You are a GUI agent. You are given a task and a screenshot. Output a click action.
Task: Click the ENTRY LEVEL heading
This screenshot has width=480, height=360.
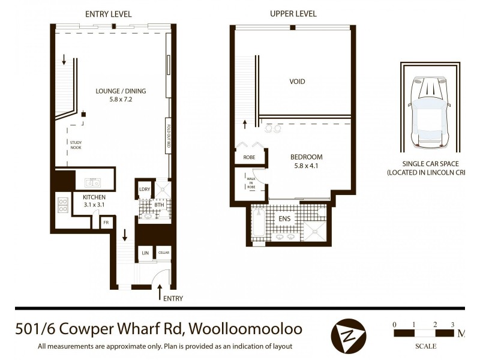(x=109, y=14)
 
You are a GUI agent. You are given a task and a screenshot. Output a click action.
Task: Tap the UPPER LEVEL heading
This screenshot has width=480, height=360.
(x=293, y=14)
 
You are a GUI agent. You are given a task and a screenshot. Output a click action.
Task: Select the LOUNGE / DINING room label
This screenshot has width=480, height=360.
(x=121, y=91)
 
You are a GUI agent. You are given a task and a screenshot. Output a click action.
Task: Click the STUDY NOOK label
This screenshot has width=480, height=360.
(x=75, y=145)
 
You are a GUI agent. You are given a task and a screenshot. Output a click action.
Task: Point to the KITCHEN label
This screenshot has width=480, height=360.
(x=94, y=197)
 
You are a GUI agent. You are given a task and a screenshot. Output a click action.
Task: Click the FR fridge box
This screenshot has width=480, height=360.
(x=106, y=223)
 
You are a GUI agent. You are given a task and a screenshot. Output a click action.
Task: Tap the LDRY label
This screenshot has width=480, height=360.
(x=144, y=190)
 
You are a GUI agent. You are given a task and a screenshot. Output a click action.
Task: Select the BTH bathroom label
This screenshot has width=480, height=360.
(x=159, y=205)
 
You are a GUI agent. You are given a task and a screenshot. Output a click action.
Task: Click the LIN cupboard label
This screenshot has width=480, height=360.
(x=145, y=254)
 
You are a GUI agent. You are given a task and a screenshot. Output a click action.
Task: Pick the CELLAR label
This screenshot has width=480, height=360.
(x=164, y=254)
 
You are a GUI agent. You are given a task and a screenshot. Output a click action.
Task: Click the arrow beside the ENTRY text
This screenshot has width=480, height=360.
(x=160, y=292)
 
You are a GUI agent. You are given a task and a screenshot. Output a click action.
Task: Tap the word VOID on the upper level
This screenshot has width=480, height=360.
(x=297, y=82)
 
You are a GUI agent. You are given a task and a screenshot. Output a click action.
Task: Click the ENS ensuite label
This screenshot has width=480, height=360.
(x=284, y=219)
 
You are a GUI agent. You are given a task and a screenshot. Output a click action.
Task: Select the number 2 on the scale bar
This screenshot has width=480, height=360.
(x=434, y=324)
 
